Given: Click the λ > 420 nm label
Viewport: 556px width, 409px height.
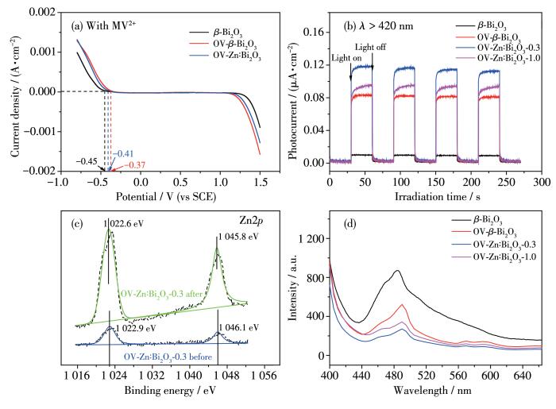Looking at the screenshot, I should click(381, 25).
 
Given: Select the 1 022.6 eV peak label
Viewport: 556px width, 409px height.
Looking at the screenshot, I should click(128, 225).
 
